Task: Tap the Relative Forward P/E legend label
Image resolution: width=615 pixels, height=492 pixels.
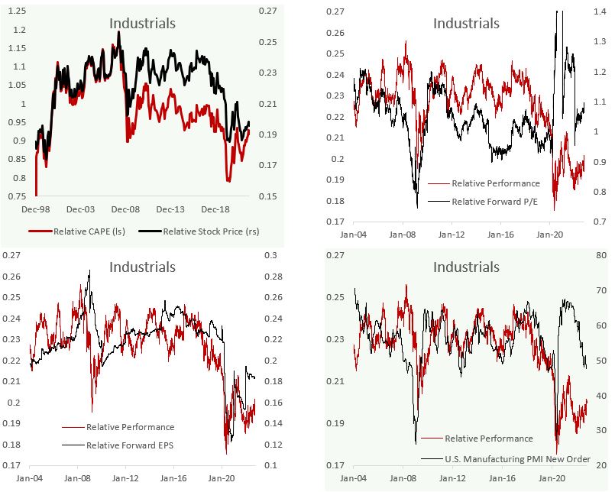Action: point(494,201)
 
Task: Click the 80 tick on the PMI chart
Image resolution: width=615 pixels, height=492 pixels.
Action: point(600,256)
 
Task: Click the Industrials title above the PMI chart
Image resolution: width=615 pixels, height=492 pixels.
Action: point(466,267)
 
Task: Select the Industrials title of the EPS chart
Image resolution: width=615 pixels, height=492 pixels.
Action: point(142,267)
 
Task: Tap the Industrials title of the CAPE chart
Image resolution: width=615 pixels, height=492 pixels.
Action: point(142,23)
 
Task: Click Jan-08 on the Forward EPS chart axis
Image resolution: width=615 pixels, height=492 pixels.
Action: point(79,479)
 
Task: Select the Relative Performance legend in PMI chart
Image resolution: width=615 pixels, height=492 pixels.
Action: point(489,439)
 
